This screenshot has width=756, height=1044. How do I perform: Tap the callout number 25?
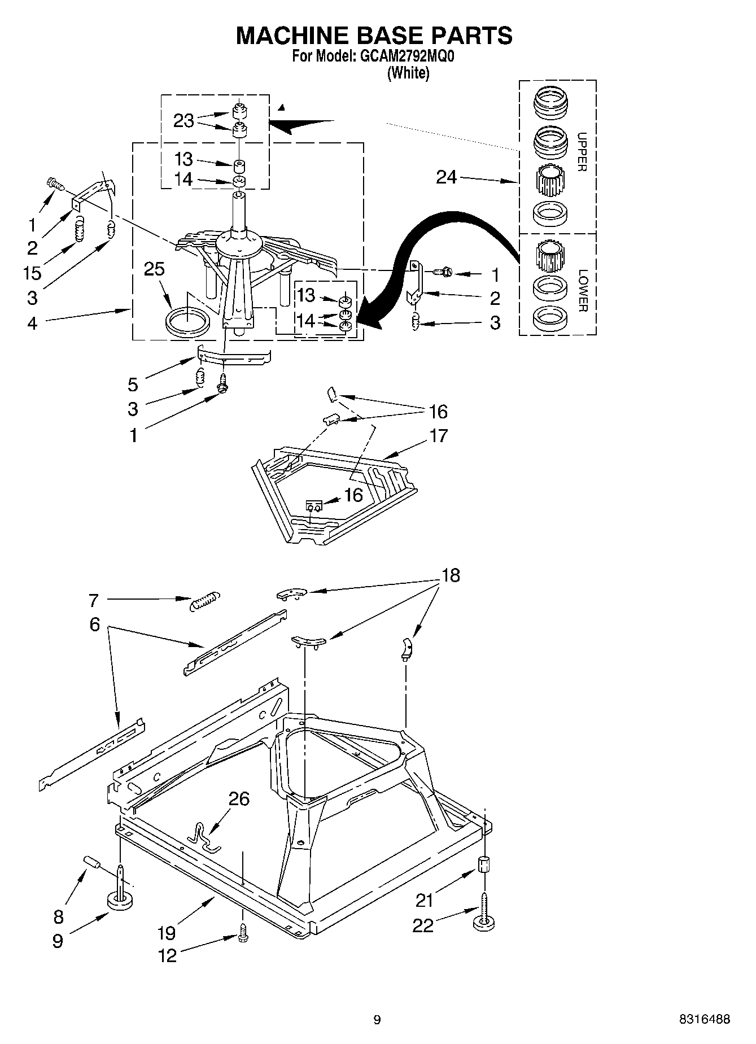(x=154, y=269)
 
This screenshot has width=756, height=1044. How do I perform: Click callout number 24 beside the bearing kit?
(x=446, y=177)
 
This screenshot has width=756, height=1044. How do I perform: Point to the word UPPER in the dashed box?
(x=582, y=152)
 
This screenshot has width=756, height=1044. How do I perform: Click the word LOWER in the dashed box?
(x=583, y=290)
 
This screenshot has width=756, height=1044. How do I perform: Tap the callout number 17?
(x=438, y=435)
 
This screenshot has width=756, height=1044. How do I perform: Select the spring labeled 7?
(x=204, y=600)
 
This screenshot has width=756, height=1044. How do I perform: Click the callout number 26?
(x=239, y=799)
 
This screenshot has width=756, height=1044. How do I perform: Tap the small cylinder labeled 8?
(x=92, y=862)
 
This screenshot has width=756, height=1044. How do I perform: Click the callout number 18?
(x=451, y=575)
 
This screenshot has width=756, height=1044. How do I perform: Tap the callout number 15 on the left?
(x=32, y=273)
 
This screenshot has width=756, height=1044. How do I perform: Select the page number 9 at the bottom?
(x=377, y=1019)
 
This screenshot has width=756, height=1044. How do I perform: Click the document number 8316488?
(x=704, y=1019)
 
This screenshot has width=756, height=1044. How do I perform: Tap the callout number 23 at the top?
(x=183, y=120)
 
